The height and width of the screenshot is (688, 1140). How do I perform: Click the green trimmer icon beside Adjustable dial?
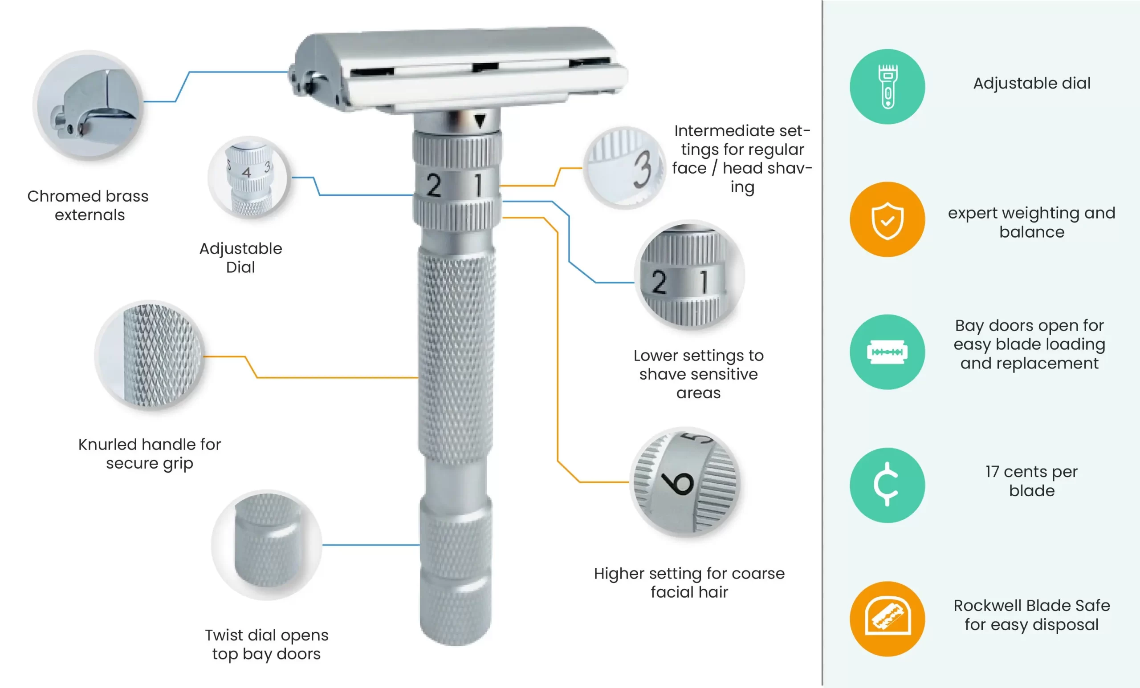(888, 86)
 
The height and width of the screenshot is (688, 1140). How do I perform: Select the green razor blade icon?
(888, 352)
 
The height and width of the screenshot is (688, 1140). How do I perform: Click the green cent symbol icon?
(888, 485)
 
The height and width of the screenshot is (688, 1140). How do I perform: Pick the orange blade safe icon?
(888, 619)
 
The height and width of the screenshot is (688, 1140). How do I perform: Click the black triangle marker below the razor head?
(480, 121)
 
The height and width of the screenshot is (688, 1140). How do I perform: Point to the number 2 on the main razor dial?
(434, 186)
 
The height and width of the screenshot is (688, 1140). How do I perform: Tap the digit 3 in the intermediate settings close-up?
(643, 169)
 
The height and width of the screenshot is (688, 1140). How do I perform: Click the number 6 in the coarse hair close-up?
(677, 483)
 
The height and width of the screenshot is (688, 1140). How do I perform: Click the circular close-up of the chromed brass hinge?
(88, 105)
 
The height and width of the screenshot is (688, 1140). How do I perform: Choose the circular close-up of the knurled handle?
(150, 356)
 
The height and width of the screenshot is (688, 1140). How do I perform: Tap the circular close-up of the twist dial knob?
(267, 545)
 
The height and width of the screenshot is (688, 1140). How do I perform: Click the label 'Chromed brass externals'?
(88, 205)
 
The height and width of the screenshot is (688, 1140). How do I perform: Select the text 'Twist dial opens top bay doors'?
(266, 644)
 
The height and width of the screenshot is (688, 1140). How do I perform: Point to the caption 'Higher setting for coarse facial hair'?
(689, 583)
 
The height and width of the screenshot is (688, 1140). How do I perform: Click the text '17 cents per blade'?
(1032, 481)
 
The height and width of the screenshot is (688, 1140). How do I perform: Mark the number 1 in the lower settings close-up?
(704, 282)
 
